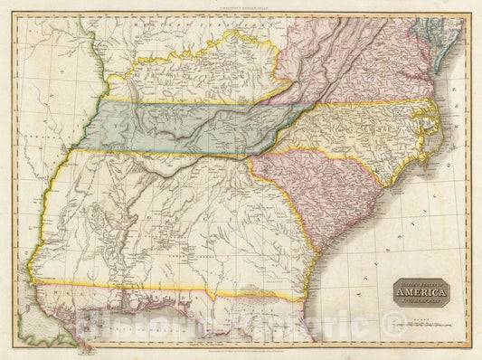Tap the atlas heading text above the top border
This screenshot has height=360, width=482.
[x=240, y=7]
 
